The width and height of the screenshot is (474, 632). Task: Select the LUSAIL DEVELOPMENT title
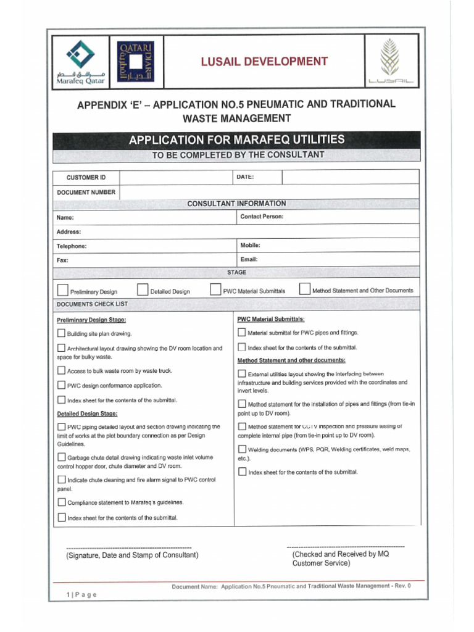click(x=263, y=61)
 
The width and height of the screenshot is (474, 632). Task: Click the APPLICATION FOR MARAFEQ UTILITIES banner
click(x=237, y=140)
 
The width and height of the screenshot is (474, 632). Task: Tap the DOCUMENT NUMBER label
click(x=86, y=193)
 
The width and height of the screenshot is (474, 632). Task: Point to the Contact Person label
click(x=262, y=217)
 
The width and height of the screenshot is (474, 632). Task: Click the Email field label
click(x=249, y=259)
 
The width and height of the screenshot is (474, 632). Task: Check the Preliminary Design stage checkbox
click(x=62, y=290)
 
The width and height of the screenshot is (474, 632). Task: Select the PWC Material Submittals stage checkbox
click(x=215, y=289)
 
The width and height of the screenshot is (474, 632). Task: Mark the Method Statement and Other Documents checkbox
click(x=304, y=289)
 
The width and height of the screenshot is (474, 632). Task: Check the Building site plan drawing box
click(x=61, y=333)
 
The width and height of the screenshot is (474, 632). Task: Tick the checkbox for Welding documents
click(x=242, y=449)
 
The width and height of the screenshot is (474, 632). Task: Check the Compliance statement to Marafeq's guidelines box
click(x=61, y=502)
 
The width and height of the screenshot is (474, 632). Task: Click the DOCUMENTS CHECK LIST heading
click(x=92, y=304)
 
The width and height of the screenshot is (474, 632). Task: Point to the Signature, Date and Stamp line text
click(x=132, y=555)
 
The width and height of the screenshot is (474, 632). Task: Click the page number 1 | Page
click(x=81, y=594)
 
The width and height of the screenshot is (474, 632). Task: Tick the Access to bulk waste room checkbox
click(x=61, y=370)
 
